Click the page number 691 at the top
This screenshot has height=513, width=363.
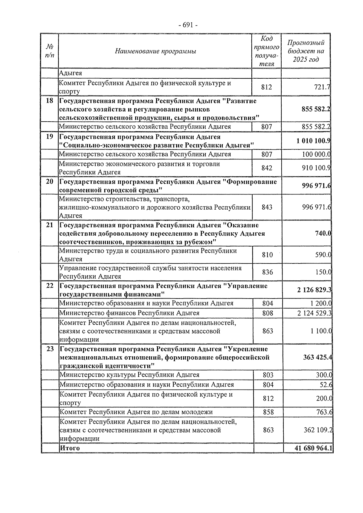tap(188, 25)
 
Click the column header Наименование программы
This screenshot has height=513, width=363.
tap(155, 51)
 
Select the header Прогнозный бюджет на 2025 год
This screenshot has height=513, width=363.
tap(306, 51)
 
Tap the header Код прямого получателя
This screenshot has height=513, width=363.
tap(267, 51)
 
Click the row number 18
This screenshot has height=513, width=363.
tap(49, 101)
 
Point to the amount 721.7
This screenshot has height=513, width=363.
tap(321, 87)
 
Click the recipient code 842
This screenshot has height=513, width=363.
tap(267, 168)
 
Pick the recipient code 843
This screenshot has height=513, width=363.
tap(267, 207)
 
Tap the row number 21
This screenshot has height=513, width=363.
tap(49, 225)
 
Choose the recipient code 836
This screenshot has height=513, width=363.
tap(267, 272)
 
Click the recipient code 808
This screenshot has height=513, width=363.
tap(268, 313)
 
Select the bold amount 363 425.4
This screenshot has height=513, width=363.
tap(317, 358)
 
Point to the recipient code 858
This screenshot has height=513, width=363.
tap(268, 412)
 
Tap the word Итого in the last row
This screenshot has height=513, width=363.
tap(70, 448)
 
